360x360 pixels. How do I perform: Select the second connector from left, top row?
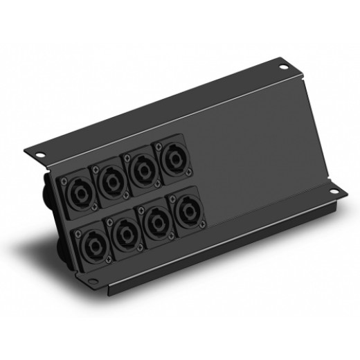tap(111, 181)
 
